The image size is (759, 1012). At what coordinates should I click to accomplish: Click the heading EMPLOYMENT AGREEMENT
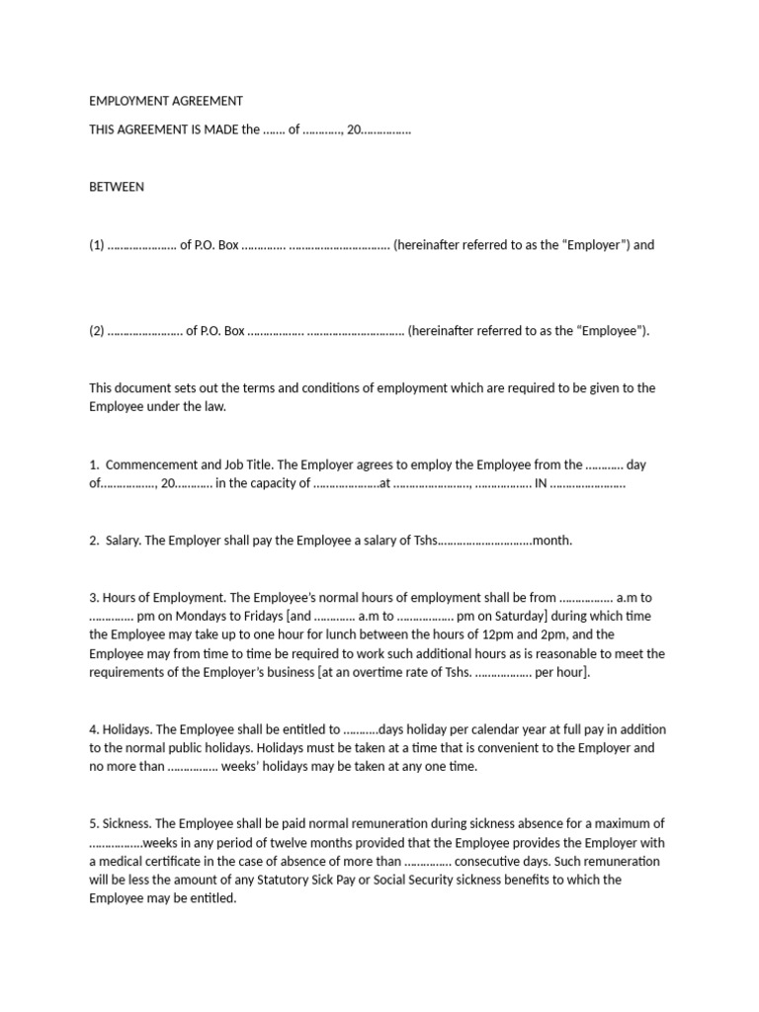166,101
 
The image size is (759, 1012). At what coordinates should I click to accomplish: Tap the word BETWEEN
117,187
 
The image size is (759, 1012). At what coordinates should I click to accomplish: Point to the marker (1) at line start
96,245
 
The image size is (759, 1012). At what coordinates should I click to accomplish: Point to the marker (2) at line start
96,331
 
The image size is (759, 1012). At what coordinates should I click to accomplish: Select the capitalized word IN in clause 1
540,484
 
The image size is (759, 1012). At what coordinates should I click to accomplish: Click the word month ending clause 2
552,541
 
